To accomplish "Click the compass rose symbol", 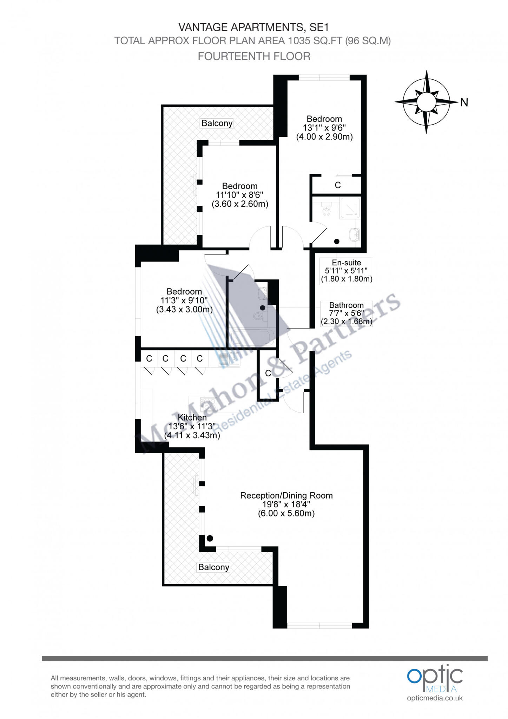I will coord(426,102).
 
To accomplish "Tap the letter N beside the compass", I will coord(464,103).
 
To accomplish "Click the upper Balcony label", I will coord(217,123).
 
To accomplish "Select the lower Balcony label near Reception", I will coord(213,567).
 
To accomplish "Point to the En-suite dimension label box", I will coord(346,271).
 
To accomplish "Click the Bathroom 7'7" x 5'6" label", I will coord(346,313).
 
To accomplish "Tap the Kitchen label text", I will coord(192,426).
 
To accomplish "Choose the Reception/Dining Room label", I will coord(286,504).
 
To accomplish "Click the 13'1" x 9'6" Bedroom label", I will coord(324,128).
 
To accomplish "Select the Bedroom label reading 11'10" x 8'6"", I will coord(240,195).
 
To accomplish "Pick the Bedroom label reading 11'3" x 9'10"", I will coord(184,301).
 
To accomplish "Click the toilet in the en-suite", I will coord(326,210).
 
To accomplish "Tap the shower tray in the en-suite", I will coord(350,208).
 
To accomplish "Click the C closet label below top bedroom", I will coord(337,185).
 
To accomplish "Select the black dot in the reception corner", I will coord(210,538).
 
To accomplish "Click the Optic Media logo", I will coord(435,681).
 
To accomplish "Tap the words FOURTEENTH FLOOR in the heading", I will coord(254,56).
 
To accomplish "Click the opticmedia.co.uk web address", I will coord(435,698).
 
